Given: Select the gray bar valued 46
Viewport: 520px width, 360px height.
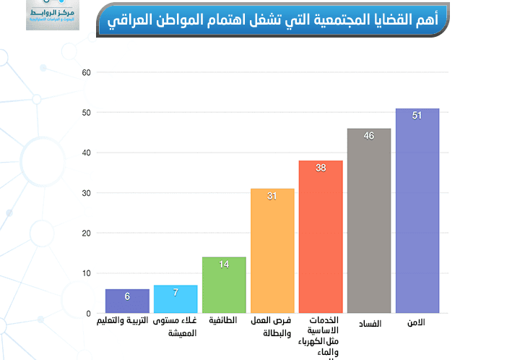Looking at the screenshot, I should coord(369,221).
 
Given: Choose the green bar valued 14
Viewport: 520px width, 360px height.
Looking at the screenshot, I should coord(224,285).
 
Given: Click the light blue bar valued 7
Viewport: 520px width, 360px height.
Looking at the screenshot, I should coord(175,299).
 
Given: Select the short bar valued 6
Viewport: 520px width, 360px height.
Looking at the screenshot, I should coord(127,301).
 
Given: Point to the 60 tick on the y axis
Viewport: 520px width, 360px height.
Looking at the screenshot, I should coord(86,72).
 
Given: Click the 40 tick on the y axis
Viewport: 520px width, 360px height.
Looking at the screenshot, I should coord(86,153).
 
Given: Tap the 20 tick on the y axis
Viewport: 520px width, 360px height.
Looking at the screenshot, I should coord(86,233).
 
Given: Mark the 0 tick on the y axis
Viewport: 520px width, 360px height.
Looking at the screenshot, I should coord(88,314).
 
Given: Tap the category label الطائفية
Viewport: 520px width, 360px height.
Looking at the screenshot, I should coord(223,320).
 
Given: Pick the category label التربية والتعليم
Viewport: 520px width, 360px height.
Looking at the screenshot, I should coord(126,320).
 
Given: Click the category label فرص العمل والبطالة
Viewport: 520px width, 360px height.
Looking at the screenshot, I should coord(272,327).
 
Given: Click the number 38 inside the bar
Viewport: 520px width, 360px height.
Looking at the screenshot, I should coord(321,168).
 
